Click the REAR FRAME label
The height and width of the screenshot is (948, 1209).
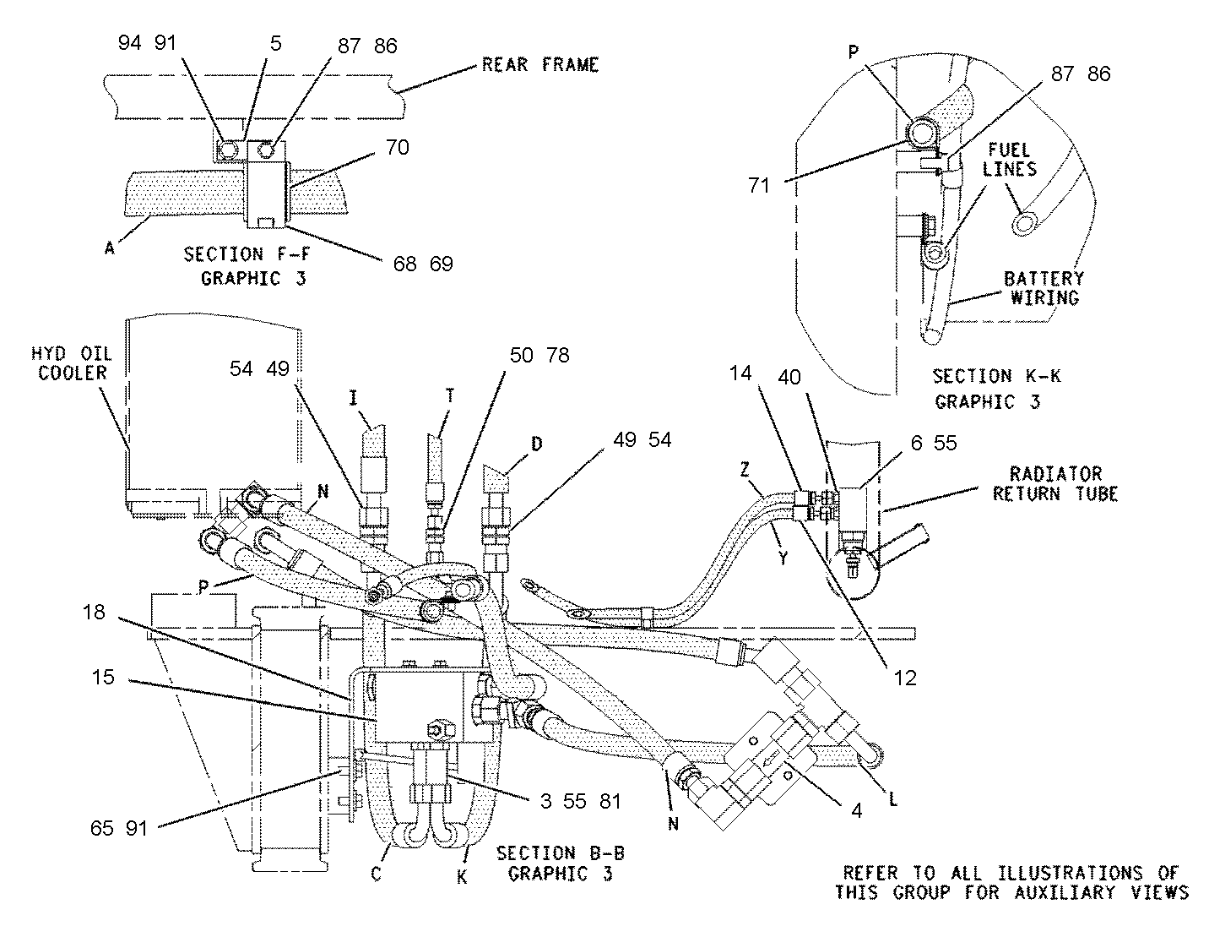pos(539,64)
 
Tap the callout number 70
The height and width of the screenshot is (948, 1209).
pos(398,148)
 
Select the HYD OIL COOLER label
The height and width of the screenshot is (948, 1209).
pos(72,363)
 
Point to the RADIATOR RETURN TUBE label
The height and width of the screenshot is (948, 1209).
pos(1054,484)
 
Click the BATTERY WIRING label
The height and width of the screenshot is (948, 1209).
pos(1044,288)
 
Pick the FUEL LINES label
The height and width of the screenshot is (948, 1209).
pos(1009,159)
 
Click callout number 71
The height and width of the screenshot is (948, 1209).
pos(759,185)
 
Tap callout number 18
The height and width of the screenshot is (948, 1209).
pos(94,613)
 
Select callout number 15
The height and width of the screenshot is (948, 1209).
pos(103,678)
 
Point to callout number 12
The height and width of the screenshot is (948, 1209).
pos(905,678)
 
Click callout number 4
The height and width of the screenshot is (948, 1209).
pos(857,811)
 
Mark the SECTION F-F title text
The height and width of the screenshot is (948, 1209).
pos(247,254)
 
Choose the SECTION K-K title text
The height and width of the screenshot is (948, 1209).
pos(997,376)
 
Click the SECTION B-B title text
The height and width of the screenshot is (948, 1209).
pos(561,853)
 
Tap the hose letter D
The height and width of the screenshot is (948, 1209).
pos(536,444)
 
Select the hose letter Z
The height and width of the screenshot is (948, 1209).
pos(745,471)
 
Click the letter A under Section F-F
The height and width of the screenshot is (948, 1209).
pos(110,248)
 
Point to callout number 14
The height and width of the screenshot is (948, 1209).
pos(740,373)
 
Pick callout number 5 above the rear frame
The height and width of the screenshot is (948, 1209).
pos(276,44)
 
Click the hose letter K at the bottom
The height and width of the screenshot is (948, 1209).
pos(462,878)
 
